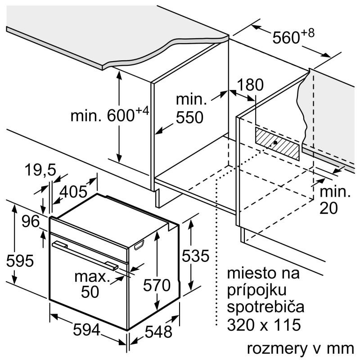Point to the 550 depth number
point(189,118)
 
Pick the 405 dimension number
point(73,192)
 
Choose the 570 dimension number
point(157,285)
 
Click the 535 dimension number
point(195,256)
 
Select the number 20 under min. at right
point(330,207)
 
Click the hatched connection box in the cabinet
point(277,143)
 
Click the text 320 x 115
point(263,324)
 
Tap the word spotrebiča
point(265,307)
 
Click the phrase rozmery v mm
point(299,349)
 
